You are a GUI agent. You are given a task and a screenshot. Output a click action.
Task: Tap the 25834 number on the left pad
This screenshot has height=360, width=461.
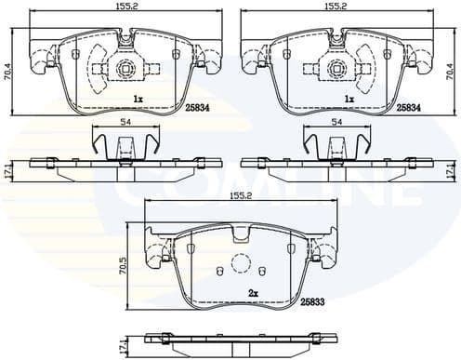tap(197, 107)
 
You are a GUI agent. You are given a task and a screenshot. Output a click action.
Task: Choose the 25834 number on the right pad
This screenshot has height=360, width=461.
tap(410, 107)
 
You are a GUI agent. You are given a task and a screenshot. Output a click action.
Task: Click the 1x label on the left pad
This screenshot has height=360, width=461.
tap(137, 98)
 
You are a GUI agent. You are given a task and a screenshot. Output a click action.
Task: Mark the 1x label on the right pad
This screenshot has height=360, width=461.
tap(349, 98)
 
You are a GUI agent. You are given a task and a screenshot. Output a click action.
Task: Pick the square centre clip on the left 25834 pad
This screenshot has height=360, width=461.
tap(125, 67)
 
